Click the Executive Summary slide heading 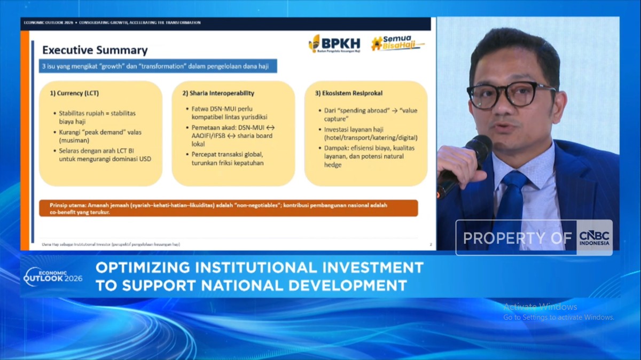click(x=95, y=51)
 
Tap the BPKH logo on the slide click(x=334, y=43)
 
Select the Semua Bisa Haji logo click(x=397, y=43)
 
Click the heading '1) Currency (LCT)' click(x=74, y=93)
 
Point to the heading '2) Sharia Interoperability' click(x=218, y=93)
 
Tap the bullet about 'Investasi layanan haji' click(x=363, y=134)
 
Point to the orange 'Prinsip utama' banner click(x=228, y=208)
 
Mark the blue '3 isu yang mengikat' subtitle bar click(x=158, y=66)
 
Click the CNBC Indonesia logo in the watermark click(x=594, y=238)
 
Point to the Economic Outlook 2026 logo click(x=53, y=276)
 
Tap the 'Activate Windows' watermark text click(x=540, y=307)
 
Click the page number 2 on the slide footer click(x=431, y=244)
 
